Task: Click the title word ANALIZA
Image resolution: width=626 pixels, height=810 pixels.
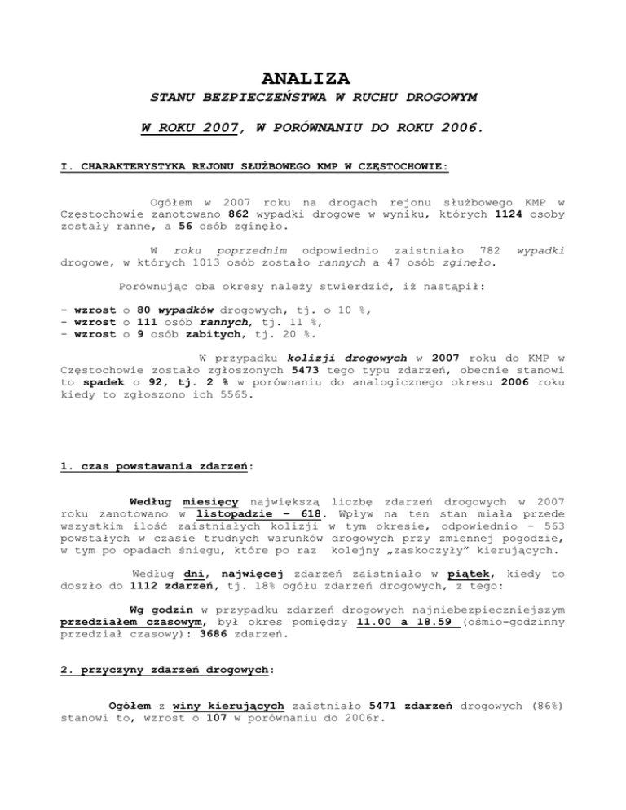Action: (306, 78)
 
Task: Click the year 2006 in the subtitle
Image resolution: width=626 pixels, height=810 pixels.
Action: (460, 127)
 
